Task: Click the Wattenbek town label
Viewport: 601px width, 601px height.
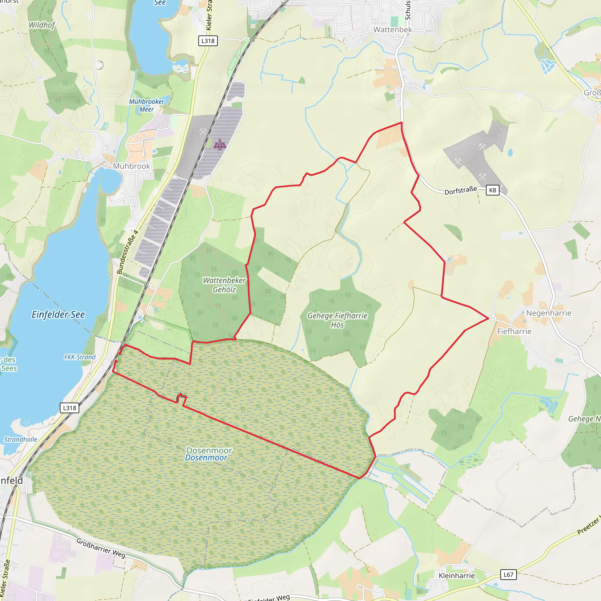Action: [x=393, y=30]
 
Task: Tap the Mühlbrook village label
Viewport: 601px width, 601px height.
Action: [x=131, y=166]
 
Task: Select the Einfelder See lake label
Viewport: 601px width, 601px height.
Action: [x=58, y=315]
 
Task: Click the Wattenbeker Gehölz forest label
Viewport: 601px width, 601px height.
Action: [x=224, y=285]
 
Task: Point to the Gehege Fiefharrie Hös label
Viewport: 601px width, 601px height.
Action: [x=337, y=320]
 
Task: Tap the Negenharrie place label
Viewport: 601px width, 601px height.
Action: [x=549, y=313]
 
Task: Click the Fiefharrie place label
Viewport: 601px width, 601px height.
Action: [x=514, y=331]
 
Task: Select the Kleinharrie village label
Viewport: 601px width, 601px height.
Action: [x=457, y=575]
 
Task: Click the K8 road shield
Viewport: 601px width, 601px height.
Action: [x=492, y=190]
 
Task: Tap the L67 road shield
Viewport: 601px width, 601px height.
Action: [x=508, y=575]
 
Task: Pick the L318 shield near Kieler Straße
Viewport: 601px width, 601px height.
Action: [x=208, y=41]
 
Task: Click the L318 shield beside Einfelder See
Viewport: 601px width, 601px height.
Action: [x=69, y=408]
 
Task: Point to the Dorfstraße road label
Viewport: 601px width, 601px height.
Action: [x=460, y=190]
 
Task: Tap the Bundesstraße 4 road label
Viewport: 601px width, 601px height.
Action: [x=127, y=252]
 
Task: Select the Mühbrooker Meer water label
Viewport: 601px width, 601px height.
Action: [x=146, y=105]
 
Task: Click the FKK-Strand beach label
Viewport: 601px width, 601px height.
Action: [x=80, y=357]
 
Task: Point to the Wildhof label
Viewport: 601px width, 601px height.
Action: [x=42, y=25]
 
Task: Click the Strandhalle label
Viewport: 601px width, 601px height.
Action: [x=21, y=439]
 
